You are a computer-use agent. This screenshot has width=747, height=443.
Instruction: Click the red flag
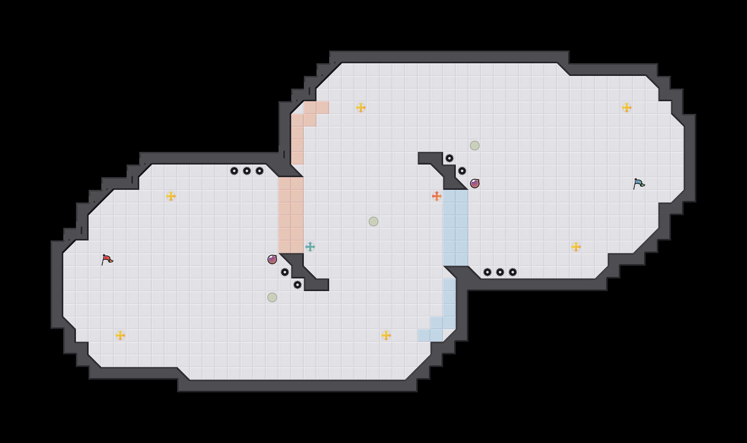click(x=107, y=259)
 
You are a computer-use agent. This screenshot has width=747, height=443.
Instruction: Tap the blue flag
click(x=639, y=184)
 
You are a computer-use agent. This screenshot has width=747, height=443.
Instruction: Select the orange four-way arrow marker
click(x=437, y=196)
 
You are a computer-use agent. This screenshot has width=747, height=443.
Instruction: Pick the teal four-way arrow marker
click(x=310, y=247)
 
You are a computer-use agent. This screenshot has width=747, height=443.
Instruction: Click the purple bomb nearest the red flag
click(x=272, y=259)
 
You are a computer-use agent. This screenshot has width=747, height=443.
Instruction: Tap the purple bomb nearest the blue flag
click(x=475, y=184)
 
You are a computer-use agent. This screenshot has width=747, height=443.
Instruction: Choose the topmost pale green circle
click(x=475, y=146)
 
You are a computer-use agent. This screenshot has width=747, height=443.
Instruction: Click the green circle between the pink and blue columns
click(x=373, y=221)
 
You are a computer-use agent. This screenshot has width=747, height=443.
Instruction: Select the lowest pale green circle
click(x=272, y=297)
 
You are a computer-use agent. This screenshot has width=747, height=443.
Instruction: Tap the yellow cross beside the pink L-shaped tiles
click(x=361, y=108)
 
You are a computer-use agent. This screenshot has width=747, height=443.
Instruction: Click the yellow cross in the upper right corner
click(x=627, y=108)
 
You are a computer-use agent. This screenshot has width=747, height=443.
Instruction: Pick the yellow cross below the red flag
click(x=120, y=335)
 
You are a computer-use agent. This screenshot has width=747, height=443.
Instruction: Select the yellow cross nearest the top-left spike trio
click(x=171, y=196)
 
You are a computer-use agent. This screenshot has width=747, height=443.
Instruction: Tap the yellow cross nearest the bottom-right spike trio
click(x=576, y=247)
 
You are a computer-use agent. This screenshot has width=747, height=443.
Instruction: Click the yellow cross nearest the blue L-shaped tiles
click(x=386, y=335)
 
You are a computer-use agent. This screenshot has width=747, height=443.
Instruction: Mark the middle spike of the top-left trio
click(x=247, y=171)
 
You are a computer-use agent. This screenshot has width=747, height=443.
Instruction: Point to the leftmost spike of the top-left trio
click(x=234, y=171)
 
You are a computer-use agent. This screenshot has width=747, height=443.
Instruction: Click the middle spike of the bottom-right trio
click(x=500, y=272)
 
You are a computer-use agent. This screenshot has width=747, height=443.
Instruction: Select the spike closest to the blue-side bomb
click(x=462, y=171)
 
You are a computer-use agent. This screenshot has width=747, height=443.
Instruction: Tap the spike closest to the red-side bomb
click(x=285, y=272)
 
